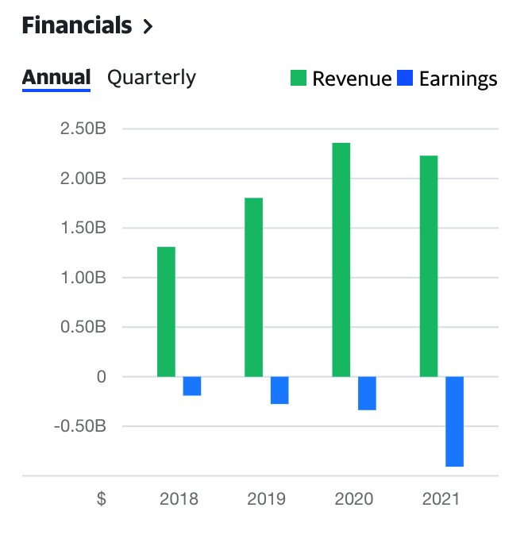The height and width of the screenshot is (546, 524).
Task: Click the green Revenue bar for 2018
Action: (x=166, y=311)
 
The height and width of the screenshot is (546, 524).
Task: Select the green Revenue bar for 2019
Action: (x=253, y=286)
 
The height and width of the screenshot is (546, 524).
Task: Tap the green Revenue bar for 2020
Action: (x=341, y=260)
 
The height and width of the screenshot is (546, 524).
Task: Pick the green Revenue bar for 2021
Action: (x=429, y=266)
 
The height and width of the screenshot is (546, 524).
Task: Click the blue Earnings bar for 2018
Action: (x=192, y=386)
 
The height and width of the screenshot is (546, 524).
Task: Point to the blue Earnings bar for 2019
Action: (x=279, y=390)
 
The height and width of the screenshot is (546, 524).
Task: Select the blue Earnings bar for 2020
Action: (x=367, y=393)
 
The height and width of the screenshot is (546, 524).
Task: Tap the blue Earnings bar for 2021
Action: (x=454, y=421)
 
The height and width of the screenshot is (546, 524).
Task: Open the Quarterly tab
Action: (x=152, y=78)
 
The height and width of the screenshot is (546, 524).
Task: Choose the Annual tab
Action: (x=56, y=78)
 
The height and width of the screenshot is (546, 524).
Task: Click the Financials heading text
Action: (x=76, y=25)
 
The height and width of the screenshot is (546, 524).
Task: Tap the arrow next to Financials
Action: (x=147, y=27)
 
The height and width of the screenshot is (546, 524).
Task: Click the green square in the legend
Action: (x=299, y=79)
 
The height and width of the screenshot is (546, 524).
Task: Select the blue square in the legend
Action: (x=405, y=79)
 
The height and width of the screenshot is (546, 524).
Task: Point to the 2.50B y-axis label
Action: (x=83, y=129)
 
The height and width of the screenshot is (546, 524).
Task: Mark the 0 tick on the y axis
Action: (x=101, y=377)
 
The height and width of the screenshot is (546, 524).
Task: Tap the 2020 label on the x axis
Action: (x=353, y=500)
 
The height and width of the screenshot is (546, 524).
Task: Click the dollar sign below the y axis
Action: (x=101, y=500)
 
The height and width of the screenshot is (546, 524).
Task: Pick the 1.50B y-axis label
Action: (x=83, y=229)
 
